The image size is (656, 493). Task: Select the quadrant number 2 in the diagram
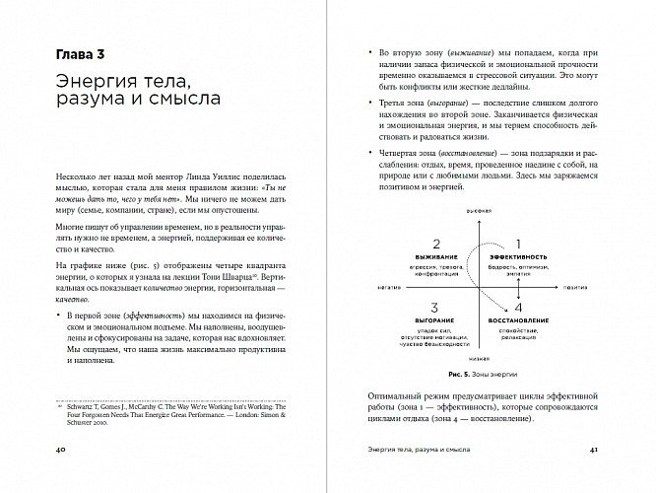click(x=431, y=241)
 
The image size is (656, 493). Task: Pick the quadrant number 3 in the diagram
click(x=431, y=306)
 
